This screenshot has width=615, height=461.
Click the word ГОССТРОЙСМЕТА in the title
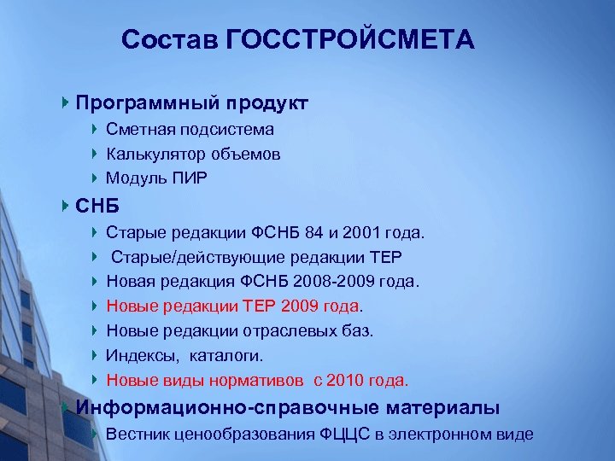pos(351,40)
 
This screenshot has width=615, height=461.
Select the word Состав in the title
pos(171,40)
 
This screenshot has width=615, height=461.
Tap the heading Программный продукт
pos(191,103)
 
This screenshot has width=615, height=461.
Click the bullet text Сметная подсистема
pos(190,130)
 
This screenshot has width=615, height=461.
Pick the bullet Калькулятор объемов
pos(193,155)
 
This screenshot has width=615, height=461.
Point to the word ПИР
pos(189,178)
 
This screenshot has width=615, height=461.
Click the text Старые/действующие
pos(180,257)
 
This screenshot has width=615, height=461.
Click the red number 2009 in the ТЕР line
pos(301,306)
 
